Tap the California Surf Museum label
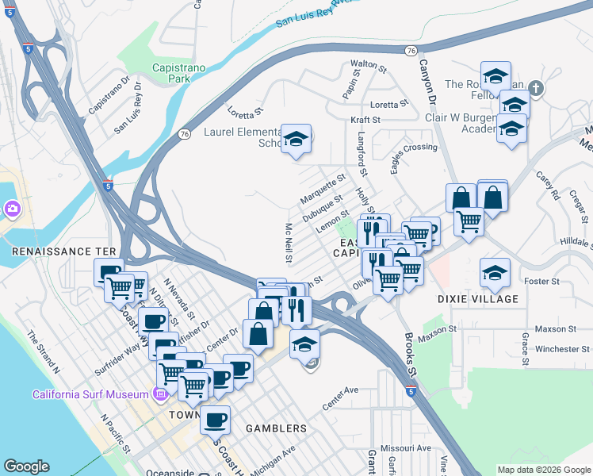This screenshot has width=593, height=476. point(90,394)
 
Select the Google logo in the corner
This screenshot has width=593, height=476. point(26,466)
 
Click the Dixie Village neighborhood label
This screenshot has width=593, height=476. point(478,299)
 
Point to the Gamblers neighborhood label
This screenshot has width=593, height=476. point(276,428)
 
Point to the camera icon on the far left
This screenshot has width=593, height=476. point(12,209)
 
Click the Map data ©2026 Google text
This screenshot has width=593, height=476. point(545,470)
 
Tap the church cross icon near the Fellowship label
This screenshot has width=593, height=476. point(537,87)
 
